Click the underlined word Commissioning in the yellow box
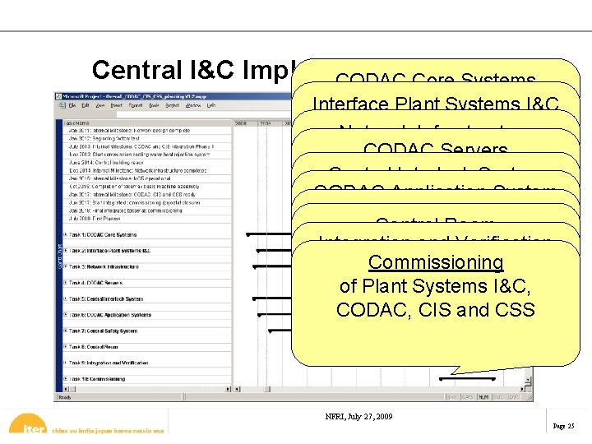(x=436, y=262)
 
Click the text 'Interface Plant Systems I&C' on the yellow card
(x=437, y=104)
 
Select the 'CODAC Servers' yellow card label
(x=436, y=150)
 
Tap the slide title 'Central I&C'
(x=164, y=70)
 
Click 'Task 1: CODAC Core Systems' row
(x=103, y=235)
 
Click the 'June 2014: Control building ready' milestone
(x=108, y=164)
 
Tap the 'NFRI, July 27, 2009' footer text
(x=359, y=416)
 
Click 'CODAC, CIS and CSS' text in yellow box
(x=436, y=310)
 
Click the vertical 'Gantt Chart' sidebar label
(x=58, y=255)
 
